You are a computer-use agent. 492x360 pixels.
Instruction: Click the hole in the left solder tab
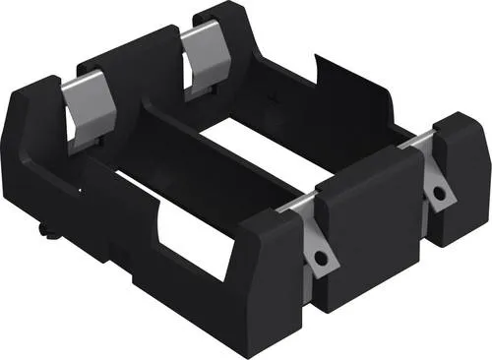[321, 257]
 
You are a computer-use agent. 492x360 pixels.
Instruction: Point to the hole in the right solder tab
[439, 193]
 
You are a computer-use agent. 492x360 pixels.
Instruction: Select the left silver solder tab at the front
[317, 246]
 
